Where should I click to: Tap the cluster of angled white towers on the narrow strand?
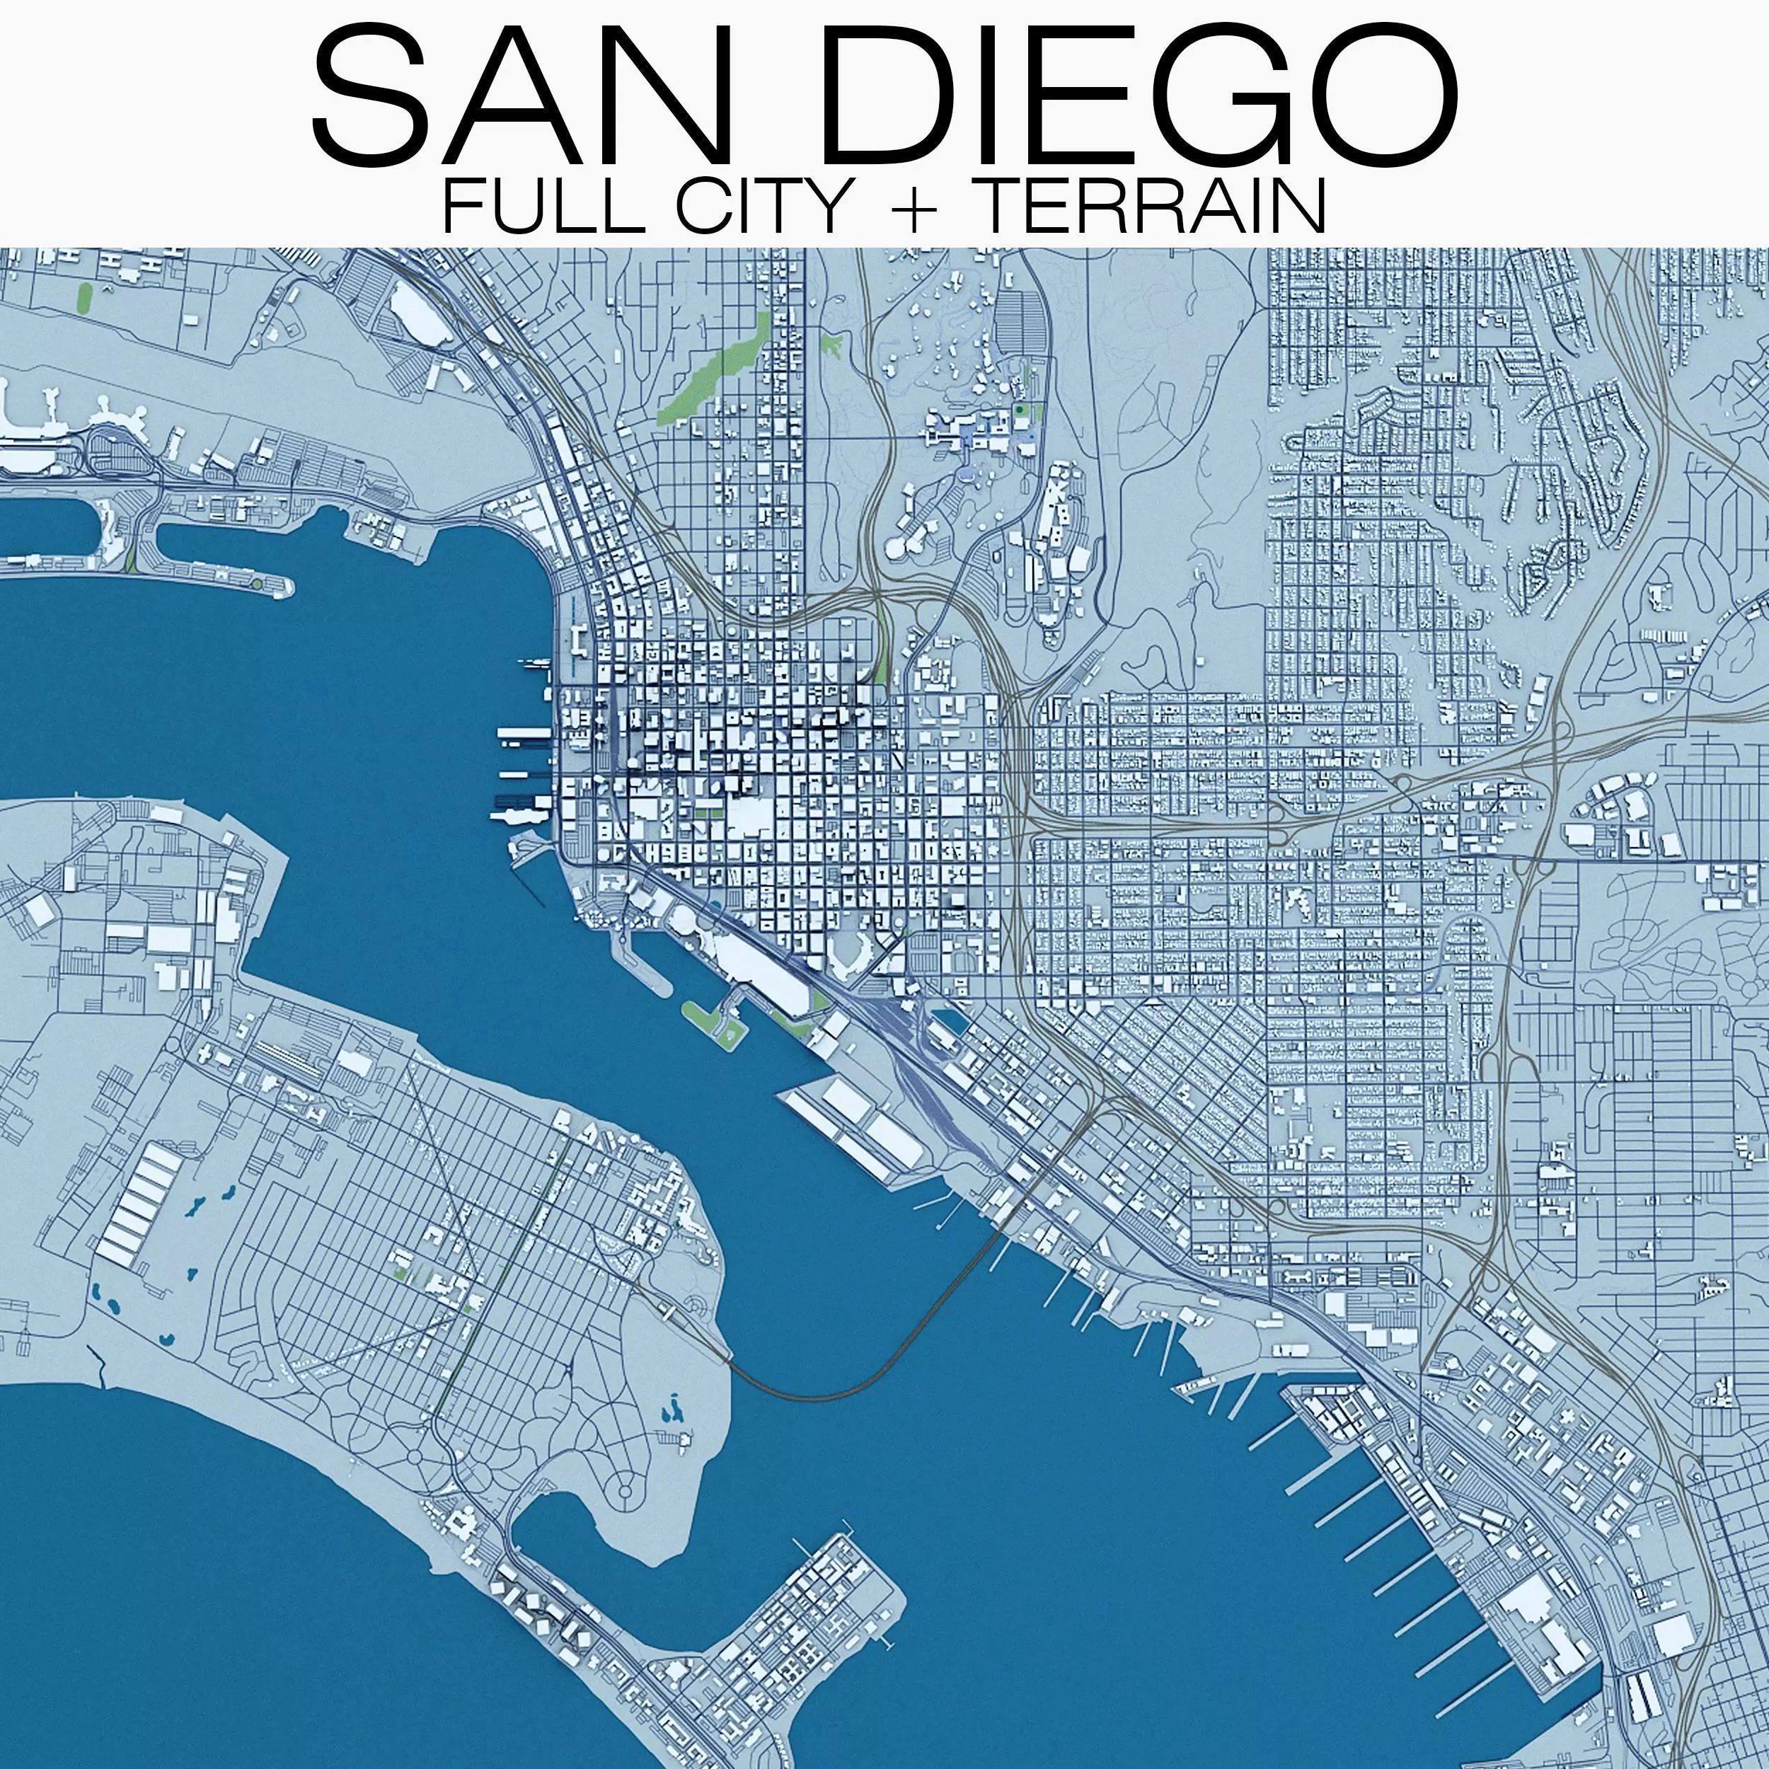click(540, 1607)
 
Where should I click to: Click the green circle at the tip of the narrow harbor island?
click(258, 583)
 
